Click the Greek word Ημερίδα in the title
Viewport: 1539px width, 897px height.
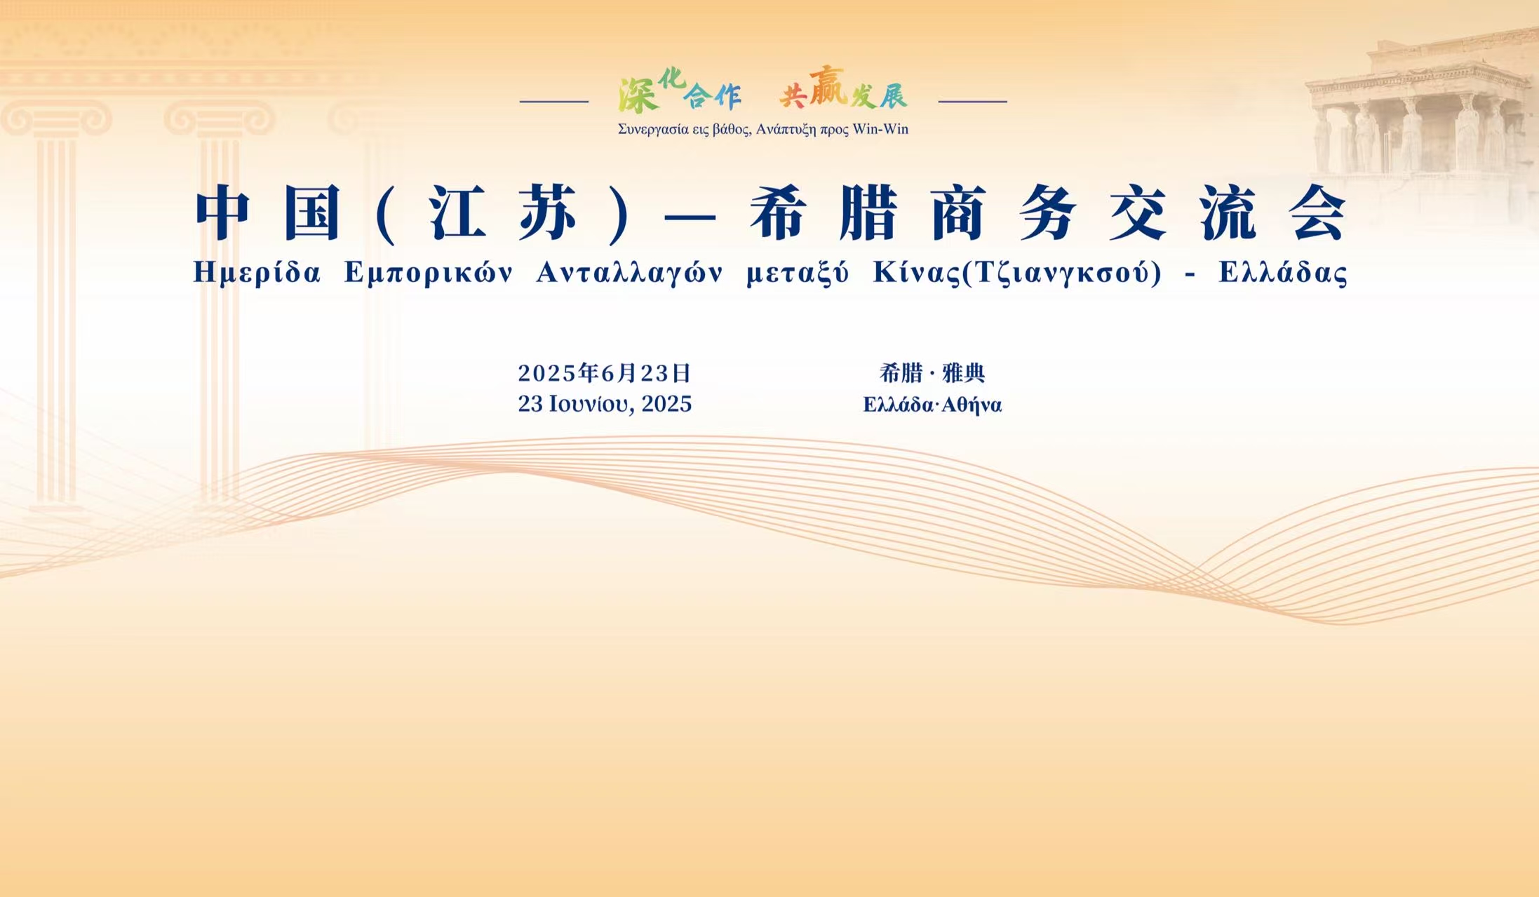tap(257, 272)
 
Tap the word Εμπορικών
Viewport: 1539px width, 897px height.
tap(429, 273)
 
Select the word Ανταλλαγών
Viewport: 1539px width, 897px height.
tap(629, 273)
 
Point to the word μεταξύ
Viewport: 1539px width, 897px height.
tap(798, 273)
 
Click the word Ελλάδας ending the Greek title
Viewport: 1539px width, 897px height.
tap(1283, 272)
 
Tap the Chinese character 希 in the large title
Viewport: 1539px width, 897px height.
tap(777, 213)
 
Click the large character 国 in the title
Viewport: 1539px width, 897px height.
tap(313, 213)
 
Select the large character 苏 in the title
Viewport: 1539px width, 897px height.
tap(548, 213)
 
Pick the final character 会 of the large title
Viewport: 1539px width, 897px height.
tap(1317, 213)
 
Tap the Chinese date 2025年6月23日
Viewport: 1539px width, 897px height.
tap(605, 373)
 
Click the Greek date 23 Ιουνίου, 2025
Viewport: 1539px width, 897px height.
tap(605, 404)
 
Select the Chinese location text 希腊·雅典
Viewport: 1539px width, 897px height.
tap(932, 373)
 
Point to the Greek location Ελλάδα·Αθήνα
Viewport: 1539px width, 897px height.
tap(932, 405)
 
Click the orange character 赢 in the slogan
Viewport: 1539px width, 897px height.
tap(828, 86)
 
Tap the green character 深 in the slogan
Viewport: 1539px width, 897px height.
tap(639, 95)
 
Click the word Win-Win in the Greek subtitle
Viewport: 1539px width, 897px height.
tap(880, 129)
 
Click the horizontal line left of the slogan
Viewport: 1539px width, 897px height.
tap(554, 101)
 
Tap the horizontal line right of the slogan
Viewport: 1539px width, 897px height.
tap(973, 101)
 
